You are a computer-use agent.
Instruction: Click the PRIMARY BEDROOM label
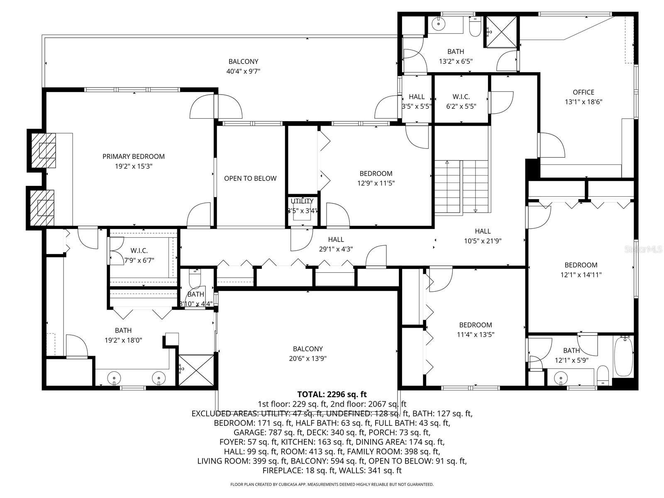point(134,156)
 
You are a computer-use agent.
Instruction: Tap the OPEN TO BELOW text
point(250,178)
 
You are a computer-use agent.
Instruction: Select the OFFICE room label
point(583,92)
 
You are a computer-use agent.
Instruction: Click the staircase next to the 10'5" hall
point(461,187)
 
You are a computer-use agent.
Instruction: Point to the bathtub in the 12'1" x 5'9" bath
point(623,356)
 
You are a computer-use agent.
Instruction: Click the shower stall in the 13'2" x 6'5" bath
point(501,31)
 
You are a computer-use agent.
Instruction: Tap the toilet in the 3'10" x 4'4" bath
point(195,279)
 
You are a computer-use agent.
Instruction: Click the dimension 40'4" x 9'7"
point(243,71)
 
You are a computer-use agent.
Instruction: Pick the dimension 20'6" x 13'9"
point(308,359)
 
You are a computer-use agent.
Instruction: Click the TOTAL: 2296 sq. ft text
point(332,394)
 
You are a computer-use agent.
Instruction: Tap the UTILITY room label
point(302,201)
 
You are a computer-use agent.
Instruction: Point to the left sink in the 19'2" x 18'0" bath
point(114,378)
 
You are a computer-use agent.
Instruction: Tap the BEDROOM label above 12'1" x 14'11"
point(581,265)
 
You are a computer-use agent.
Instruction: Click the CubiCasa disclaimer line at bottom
point(332,484)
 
